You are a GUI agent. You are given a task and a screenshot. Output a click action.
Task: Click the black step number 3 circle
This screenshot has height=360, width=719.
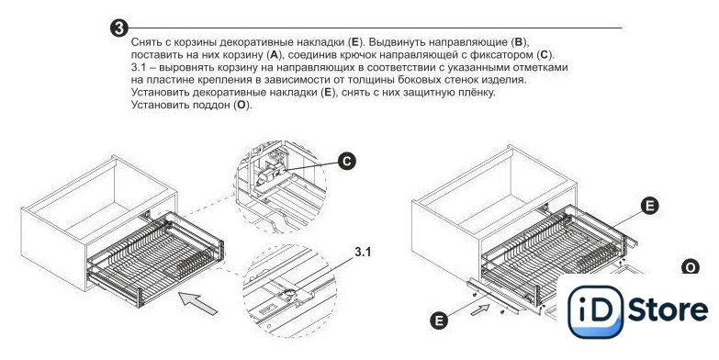(118, 28)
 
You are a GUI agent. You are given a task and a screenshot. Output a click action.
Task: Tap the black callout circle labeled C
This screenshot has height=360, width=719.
(347, 161)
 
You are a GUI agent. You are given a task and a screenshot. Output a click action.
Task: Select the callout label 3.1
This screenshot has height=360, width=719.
(362, 252)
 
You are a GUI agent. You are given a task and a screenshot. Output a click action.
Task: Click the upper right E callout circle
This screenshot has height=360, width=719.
(649, 206)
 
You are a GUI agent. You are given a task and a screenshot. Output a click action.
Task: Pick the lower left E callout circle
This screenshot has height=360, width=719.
(439, 321)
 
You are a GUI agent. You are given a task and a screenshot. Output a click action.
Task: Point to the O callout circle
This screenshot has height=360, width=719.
(691, 267)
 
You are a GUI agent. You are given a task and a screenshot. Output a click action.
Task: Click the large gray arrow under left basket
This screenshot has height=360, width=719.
(198, 303)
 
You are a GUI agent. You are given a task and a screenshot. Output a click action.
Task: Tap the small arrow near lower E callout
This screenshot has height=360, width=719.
(480, 310)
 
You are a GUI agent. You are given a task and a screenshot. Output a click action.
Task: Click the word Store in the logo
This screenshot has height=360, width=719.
(668, 309)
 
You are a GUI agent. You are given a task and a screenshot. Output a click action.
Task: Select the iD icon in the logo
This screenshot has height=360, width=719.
(595, 312)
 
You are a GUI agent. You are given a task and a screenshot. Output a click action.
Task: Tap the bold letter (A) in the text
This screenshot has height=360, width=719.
(274, 55)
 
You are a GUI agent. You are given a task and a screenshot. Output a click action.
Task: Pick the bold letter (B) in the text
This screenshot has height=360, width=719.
(519, 42)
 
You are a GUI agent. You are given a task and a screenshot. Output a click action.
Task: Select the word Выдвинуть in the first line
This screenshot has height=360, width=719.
(396, 42)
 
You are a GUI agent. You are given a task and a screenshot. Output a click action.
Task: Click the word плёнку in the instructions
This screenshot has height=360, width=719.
(475, 92)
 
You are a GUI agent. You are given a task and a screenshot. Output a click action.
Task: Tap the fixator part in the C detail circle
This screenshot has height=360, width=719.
(270, 175)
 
